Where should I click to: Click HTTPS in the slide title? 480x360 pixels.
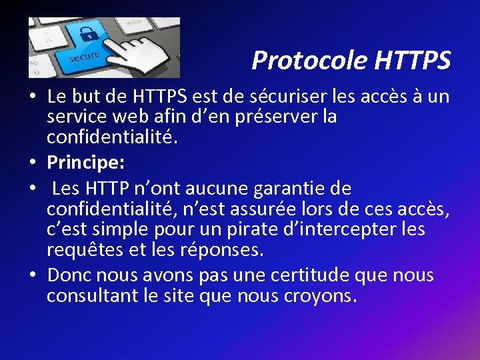pos(413,61)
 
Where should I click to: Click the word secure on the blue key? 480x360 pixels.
pos(85,57)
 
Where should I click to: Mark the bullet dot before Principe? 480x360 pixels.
pos(33,163)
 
